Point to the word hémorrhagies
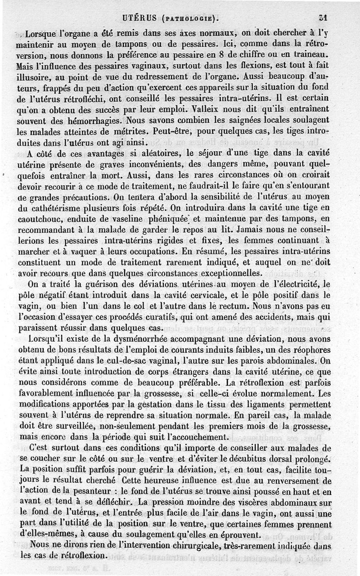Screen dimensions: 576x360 95,121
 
